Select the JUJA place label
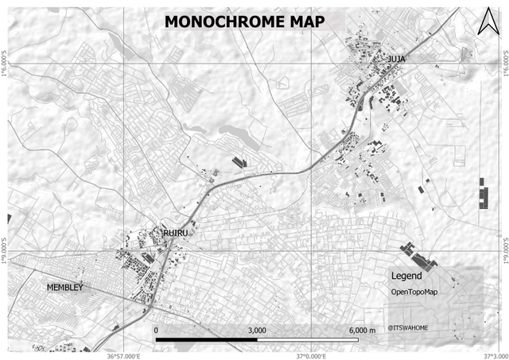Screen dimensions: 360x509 (397, 59)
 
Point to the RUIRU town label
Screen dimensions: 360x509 (174, 232)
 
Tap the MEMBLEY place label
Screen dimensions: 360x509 (65, 287)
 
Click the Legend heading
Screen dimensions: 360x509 (406, 277)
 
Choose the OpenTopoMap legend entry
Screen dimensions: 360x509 (414, 292)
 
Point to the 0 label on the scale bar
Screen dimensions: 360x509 (156, 330)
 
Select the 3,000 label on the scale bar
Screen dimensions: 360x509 (257, 330)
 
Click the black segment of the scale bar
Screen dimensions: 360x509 (206, 339)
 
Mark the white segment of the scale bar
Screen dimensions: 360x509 (307, 339)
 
